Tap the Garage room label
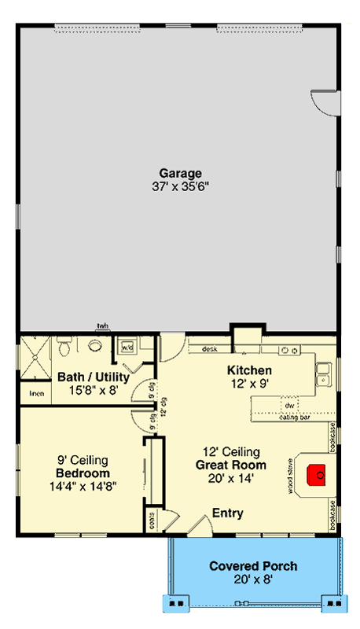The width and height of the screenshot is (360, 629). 181,173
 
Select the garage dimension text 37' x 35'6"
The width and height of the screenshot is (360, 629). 181,186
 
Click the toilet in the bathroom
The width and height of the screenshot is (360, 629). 66,346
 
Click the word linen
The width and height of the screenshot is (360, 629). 36,393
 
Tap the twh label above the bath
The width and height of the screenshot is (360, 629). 102,326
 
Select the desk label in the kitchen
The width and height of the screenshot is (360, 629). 209,349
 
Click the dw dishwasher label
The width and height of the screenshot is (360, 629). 289,406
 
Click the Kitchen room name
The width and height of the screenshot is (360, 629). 249,370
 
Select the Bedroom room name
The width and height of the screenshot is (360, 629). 82,473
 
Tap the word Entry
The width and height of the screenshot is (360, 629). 227,513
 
